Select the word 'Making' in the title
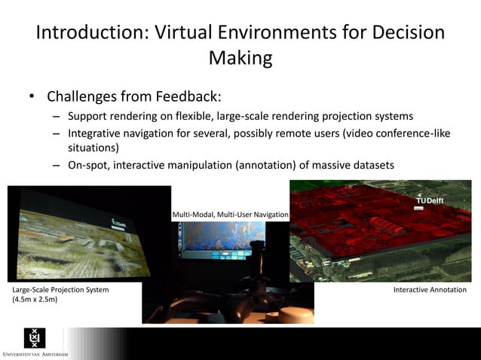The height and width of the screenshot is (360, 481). pos(240,58)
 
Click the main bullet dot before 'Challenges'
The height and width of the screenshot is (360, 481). pos(32,97)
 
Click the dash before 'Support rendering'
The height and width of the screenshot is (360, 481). pos(57,117)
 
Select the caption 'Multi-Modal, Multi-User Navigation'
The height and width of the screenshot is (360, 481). pos(230,215)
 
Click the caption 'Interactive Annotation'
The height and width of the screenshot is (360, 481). pos(430,290)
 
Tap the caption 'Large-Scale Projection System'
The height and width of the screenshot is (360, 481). pos(60,290)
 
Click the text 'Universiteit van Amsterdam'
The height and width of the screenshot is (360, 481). pos(35,354)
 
